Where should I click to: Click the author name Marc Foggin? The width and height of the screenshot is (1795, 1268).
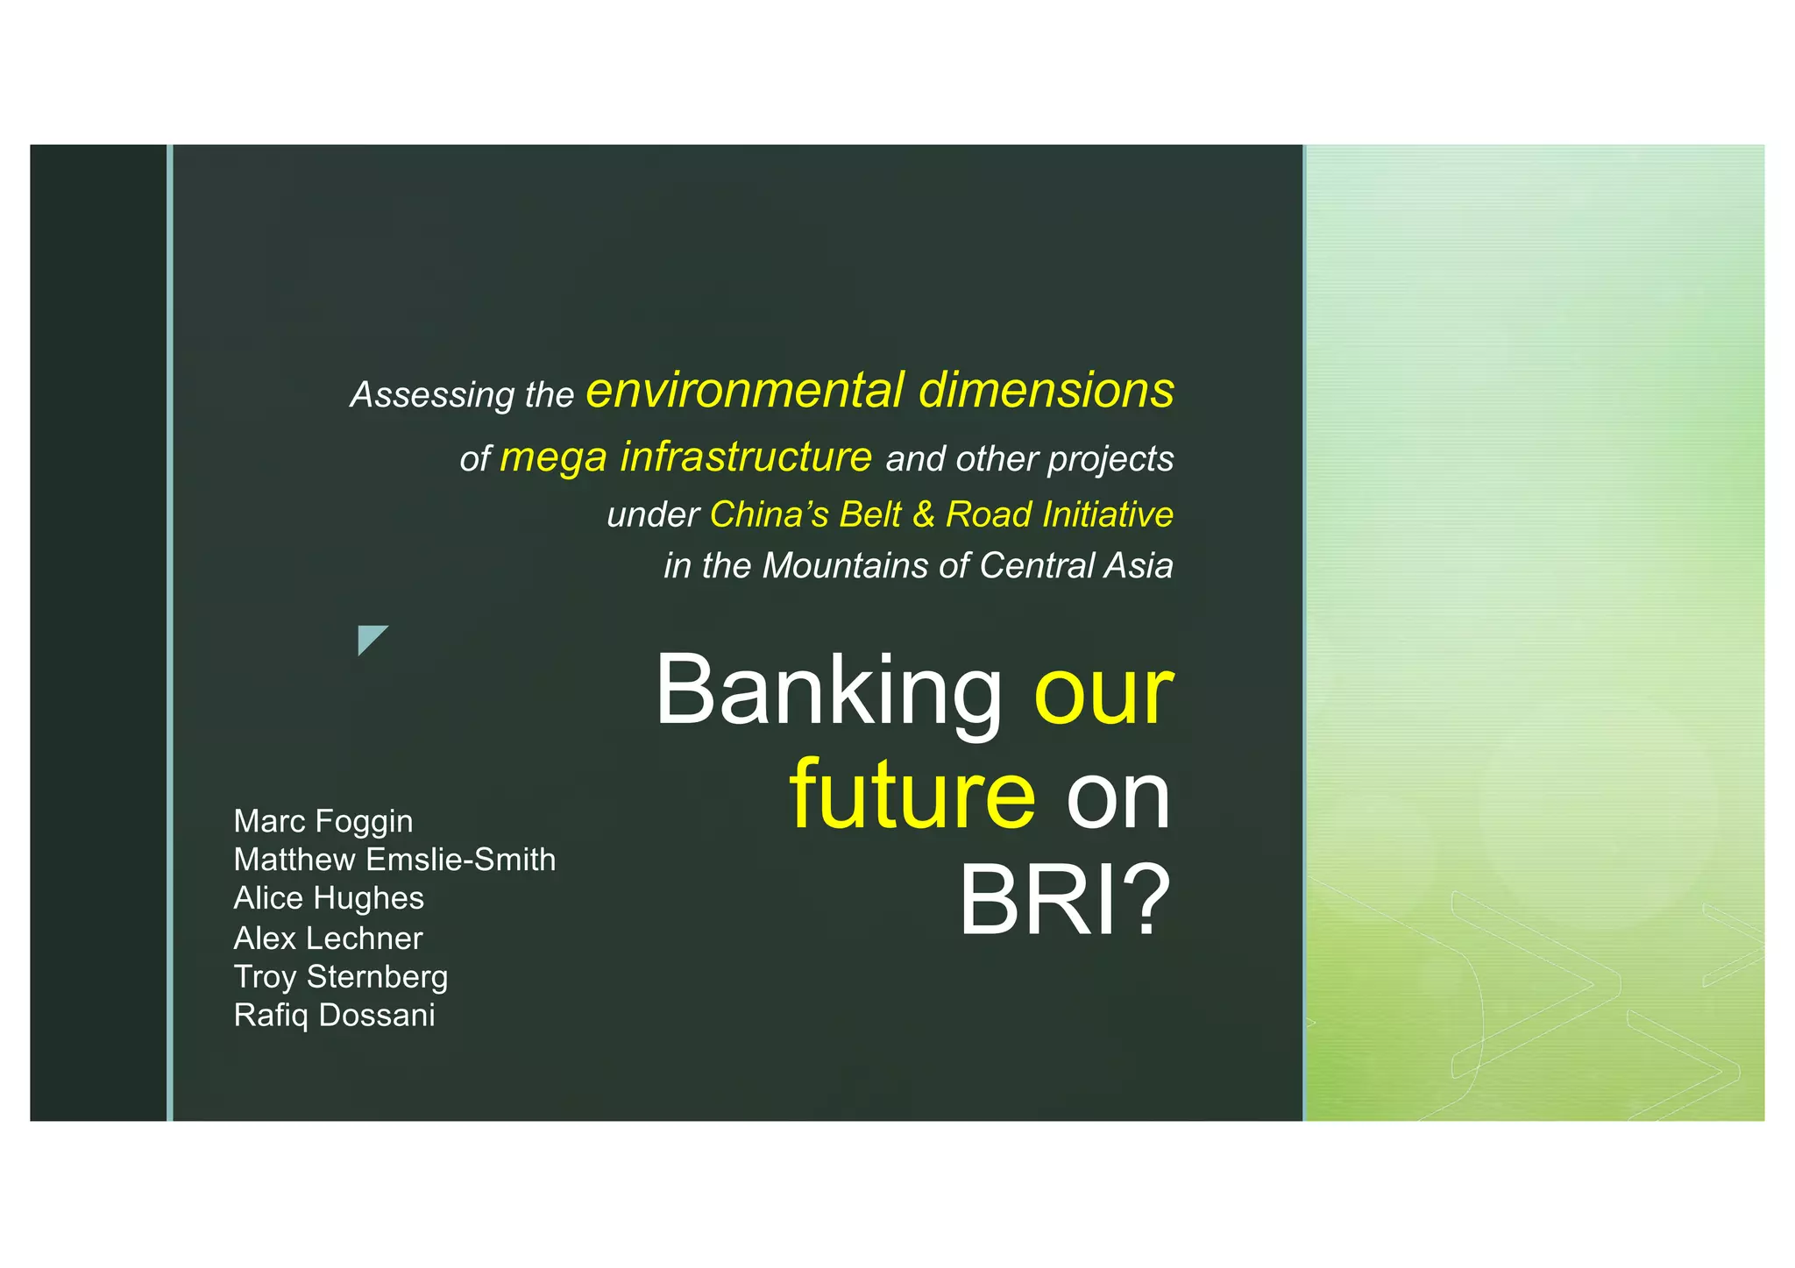coord(323,821)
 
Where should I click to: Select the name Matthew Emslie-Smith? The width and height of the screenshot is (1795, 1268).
coord(394,860)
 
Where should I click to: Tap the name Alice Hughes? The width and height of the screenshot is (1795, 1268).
coord(329,898)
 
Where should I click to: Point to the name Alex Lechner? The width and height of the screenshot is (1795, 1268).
coord(328,939)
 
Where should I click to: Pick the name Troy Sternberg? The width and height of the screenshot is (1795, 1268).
coord(341,977)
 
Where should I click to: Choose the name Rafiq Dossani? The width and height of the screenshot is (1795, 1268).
coord(334,1016)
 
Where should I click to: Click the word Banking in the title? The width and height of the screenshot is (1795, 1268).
coord(829,691)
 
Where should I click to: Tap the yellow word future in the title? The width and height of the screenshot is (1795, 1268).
coord(912,796)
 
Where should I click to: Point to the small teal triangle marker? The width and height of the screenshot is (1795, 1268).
coord(369,638)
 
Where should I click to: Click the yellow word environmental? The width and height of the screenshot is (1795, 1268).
coord(745,390)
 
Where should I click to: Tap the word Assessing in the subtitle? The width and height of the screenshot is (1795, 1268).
coord(432,395)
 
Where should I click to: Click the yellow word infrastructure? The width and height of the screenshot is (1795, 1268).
coord(746,457)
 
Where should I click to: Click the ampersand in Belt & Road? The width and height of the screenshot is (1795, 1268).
coord(923,514)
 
